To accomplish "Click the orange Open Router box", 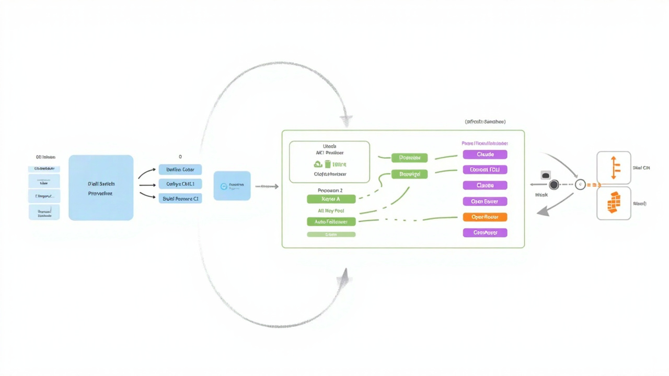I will (x=485, y=217).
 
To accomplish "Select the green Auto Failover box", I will (x=331, y=221).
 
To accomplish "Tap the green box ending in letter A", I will (x=331, y=199).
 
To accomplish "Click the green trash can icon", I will (x=328, y=164).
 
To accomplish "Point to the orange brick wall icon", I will (x=614, y=203).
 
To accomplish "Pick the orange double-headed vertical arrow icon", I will (x=614, y=168).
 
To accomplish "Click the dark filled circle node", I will (x=553, y=185).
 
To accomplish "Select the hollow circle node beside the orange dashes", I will (x=580, y=185).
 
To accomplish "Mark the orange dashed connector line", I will (x=593, y=185).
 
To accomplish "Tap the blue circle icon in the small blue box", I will (x=224, y=186).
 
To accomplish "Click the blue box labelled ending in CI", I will (x=180, y=198).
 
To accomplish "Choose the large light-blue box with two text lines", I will (x=101, y=188).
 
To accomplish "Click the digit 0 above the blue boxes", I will (x=180, y=157).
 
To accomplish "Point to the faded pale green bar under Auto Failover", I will (x=331, y=235).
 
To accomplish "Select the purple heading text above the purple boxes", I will (x=485, y=143).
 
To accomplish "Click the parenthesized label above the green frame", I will (x=485, y=122).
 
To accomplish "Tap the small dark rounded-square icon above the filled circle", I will (x=546, y=175).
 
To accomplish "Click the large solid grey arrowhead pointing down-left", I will (x=544, y=211).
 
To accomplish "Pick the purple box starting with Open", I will (x=485, y=201).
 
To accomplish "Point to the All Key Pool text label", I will (x=331, y=211).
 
